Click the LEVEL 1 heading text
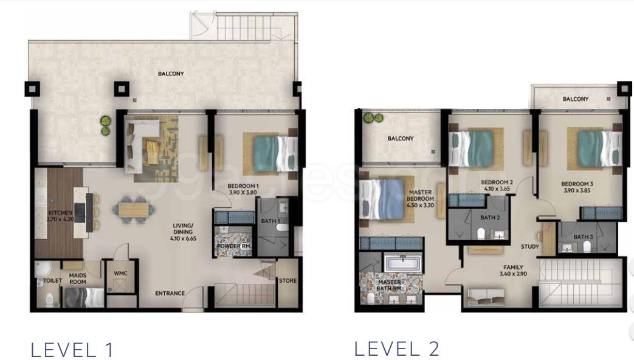[x=72, y=350]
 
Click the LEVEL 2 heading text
[x=396, y=348]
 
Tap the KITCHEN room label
[x=60, y=213]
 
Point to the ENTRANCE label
[x=170, y=294]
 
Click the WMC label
[x=120, y=274]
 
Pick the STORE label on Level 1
[x=288, y=281]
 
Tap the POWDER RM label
[x=233, y=246]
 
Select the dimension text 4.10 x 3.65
[x=497, y=189]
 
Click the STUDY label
[x=530, y=247]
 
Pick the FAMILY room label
[x=512, y=268]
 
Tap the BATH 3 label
[x=582, y=237]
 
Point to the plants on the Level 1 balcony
[x=105, y=126]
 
